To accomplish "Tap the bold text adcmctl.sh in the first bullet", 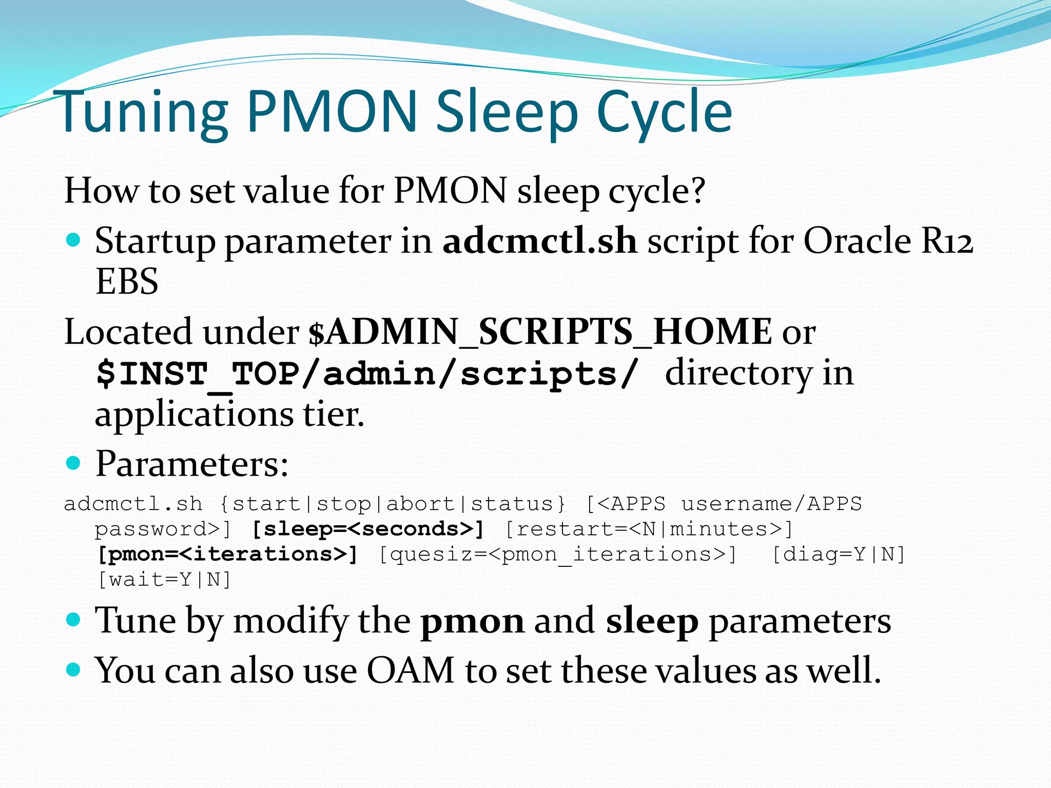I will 539,241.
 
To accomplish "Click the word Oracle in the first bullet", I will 857,241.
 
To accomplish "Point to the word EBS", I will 127,282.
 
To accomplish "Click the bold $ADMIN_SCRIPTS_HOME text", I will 540,332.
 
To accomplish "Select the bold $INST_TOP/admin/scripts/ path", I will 367,373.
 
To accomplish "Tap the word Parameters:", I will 192,464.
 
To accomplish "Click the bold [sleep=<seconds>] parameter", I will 368,529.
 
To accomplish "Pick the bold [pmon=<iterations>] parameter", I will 227,554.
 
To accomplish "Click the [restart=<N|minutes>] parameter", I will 649,529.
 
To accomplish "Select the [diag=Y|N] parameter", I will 839,554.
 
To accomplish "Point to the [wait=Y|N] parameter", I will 164,580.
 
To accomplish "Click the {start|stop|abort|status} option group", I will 393,504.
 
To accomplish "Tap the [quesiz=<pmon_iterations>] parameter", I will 558,554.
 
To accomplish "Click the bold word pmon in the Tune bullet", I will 472,621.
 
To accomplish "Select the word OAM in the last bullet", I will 411,671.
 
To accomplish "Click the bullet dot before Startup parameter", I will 74,240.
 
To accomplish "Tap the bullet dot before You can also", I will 74,669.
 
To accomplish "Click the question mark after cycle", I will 696,190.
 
